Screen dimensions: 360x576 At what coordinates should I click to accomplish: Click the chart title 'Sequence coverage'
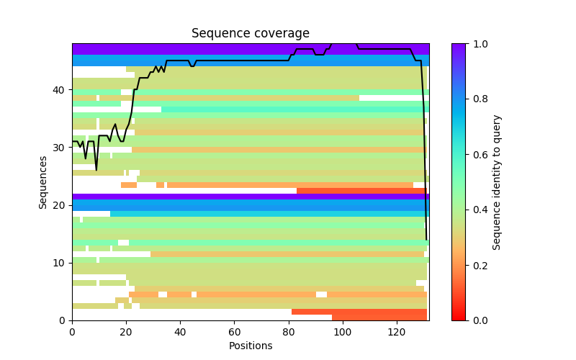251,34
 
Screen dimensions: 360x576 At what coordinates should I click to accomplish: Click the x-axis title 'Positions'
251,346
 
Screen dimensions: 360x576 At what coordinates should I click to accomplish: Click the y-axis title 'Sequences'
43,182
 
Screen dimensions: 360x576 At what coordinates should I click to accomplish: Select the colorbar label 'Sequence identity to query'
497,182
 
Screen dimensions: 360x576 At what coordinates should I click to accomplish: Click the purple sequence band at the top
251,49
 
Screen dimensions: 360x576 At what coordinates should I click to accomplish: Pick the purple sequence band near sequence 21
251,197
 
